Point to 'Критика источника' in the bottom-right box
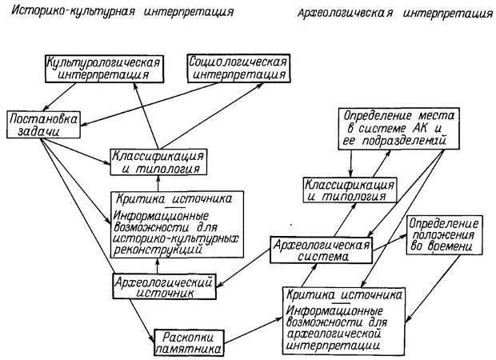(x=336, y=294)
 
